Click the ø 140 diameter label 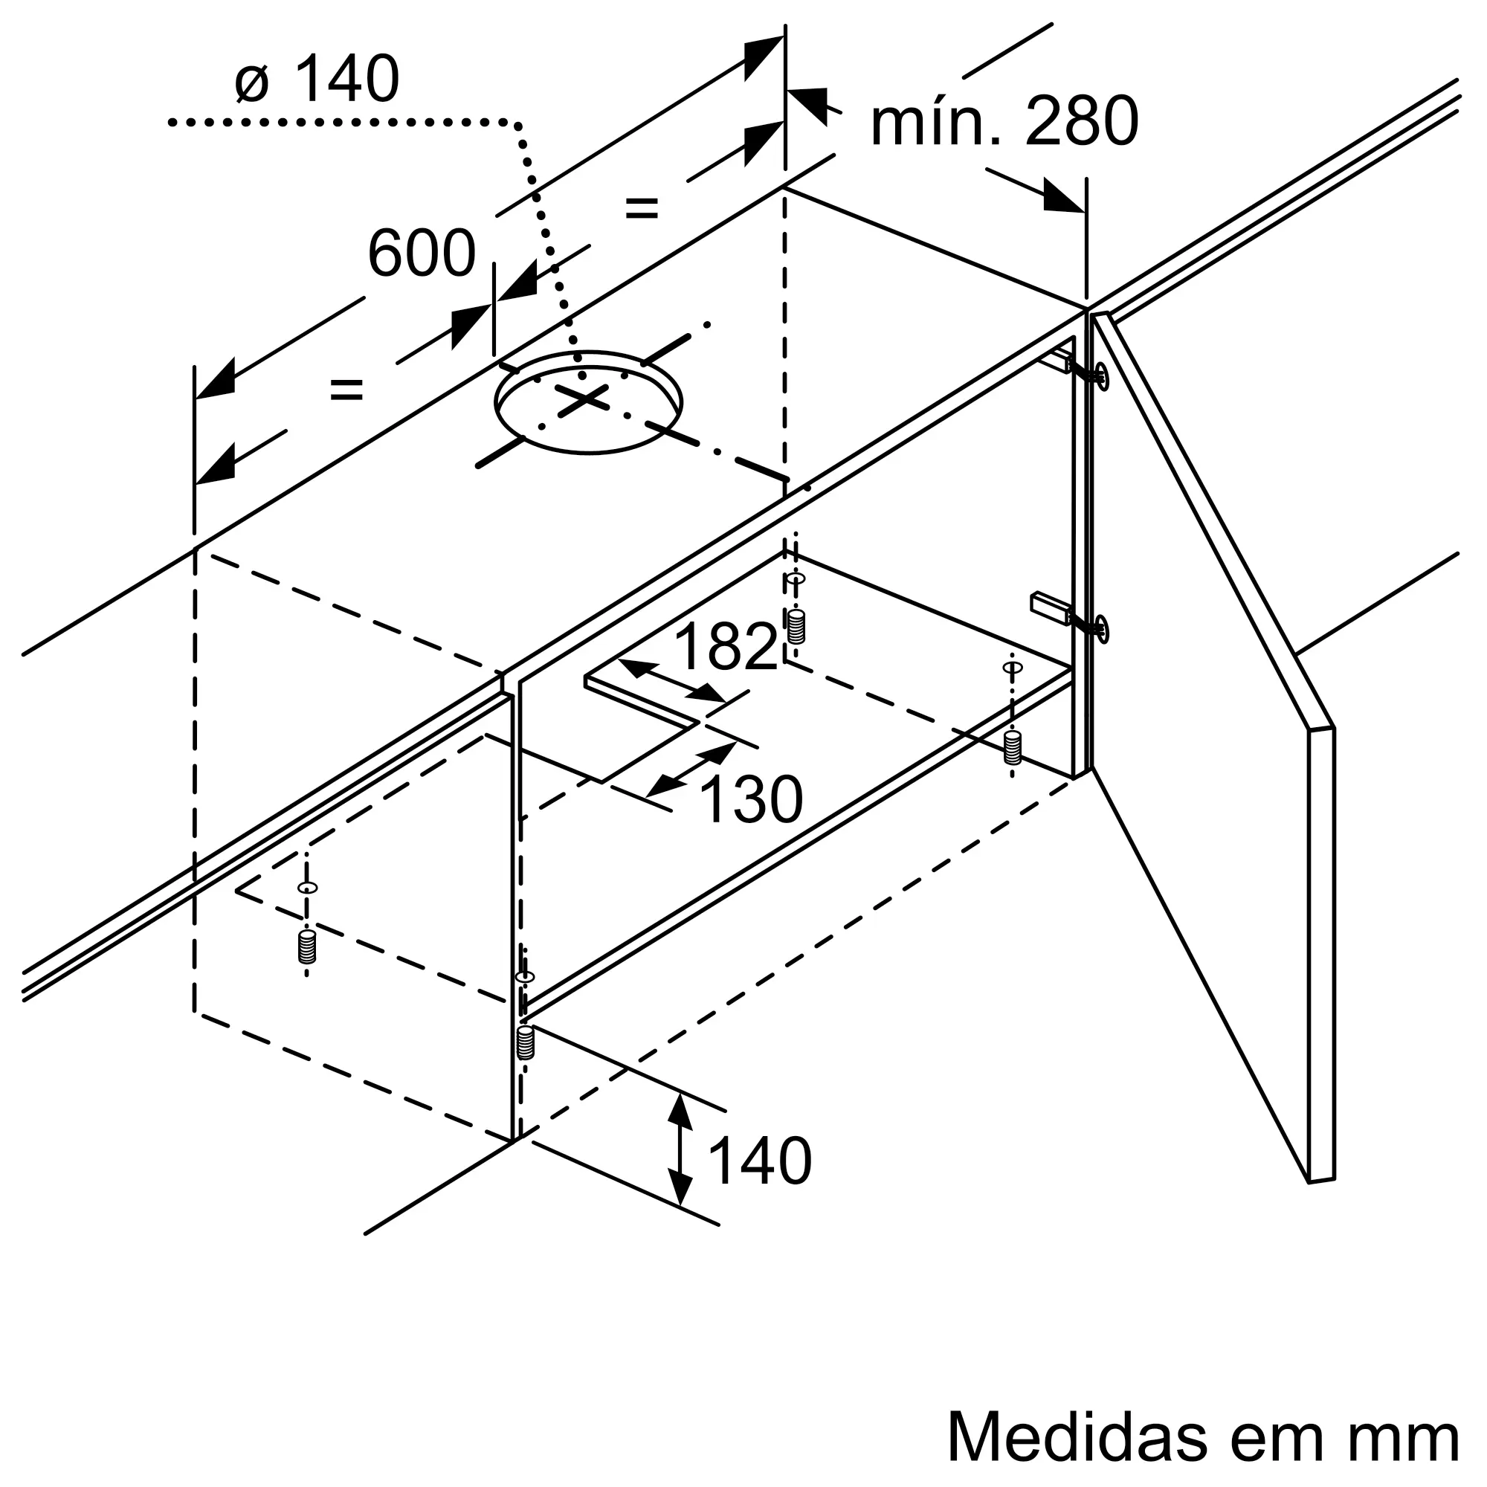(x=317, y=79)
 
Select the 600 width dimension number (x=422, y=254)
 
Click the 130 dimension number (x=750, y=800)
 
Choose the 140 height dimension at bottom (x=758, y=1182)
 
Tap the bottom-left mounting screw (x=307, y=946)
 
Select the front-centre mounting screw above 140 (x=526, y=1043)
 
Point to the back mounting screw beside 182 (x=796, y=626)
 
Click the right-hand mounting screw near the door (x=1013, y=747)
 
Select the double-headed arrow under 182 (x=671, y=681)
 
